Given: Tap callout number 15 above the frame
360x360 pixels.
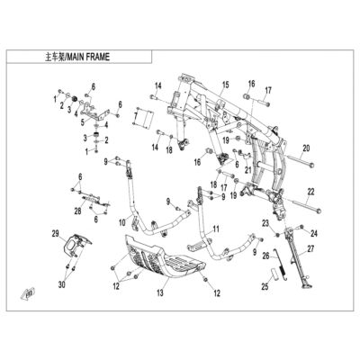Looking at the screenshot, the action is [x=225, y=85].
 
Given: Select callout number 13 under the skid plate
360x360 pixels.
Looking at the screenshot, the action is [x=160, y=292].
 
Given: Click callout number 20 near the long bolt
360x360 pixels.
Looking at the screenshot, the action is [x=306, y=148].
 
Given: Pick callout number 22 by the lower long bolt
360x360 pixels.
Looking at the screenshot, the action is [x=310, y=192].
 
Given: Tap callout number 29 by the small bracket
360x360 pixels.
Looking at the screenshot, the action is [x=56, y=234].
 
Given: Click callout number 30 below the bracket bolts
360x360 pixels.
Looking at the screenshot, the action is [x=63, y=283].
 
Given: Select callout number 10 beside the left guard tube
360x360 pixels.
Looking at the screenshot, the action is [x=122, y=222].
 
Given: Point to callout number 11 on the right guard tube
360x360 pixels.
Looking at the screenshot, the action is [x=216, y=229].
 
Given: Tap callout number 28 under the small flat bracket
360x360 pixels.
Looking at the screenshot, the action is [x=78, y=211].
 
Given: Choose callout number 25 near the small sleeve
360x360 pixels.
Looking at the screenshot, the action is [x=265, y=287].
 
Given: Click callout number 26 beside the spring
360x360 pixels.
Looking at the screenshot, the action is [x=265, y=256].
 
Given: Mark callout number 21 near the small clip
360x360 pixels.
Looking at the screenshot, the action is [x=247, y=170].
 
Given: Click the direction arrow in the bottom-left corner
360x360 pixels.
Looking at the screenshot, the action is [x=27, y=293].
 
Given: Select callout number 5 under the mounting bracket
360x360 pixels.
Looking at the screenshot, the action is [x=83, y=121].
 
